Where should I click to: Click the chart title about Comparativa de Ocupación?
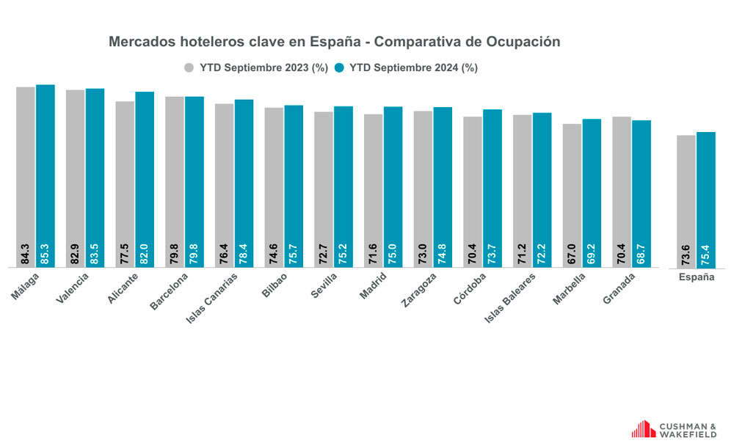click(x=334, y=42)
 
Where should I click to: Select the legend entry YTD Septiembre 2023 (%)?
click(x=255, y=67)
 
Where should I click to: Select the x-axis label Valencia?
click(x=73, y=286)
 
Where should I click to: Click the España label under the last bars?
click(x=696, y=278)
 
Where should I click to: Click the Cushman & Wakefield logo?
click(x=674, y=429)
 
